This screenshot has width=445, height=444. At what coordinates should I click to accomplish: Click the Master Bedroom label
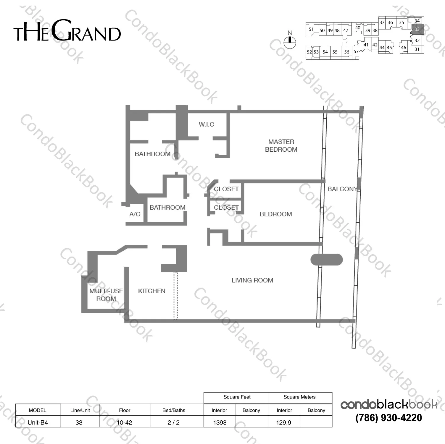[281, 146]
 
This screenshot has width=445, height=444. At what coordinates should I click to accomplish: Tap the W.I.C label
[206, 124]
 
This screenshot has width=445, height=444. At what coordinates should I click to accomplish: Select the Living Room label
[252, 280]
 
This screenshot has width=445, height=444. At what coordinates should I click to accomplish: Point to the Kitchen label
[152, 291]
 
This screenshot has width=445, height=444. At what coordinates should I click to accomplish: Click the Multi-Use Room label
[106, 295]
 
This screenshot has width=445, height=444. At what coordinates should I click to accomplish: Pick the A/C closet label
[135, 214]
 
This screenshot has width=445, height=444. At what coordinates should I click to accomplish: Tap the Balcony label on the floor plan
[342, 189]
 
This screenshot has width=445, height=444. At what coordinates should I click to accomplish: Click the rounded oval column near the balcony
[326, 260]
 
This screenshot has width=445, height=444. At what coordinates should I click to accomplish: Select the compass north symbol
[290, 42]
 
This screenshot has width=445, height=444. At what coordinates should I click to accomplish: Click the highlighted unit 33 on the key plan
[417, 29]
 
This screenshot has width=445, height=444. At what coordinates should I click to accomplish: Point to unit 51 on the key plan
[311, 29]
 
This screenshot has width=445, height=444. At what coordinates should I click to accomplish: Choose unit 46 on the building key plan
[404, 48]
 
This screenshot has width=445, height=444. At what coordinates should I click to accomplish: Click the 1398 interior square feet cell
[220, 422]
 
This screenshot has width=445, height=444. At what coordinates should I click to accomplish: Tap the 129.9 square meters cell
[283, 422]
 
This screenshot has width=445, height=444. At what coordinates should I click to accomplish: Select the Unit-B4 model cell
[38, 422]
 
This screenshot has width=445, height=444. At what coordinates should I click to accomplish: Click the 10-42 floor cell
[125, 422]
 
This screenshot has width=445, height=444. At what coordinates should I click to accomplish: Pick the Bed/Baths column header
[174, 410]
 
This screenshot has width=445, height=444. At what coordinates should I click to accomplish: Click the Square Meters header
[299, 397]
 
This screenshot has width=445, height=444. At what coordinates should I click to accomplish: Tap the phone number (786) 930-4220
[388, 418]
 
